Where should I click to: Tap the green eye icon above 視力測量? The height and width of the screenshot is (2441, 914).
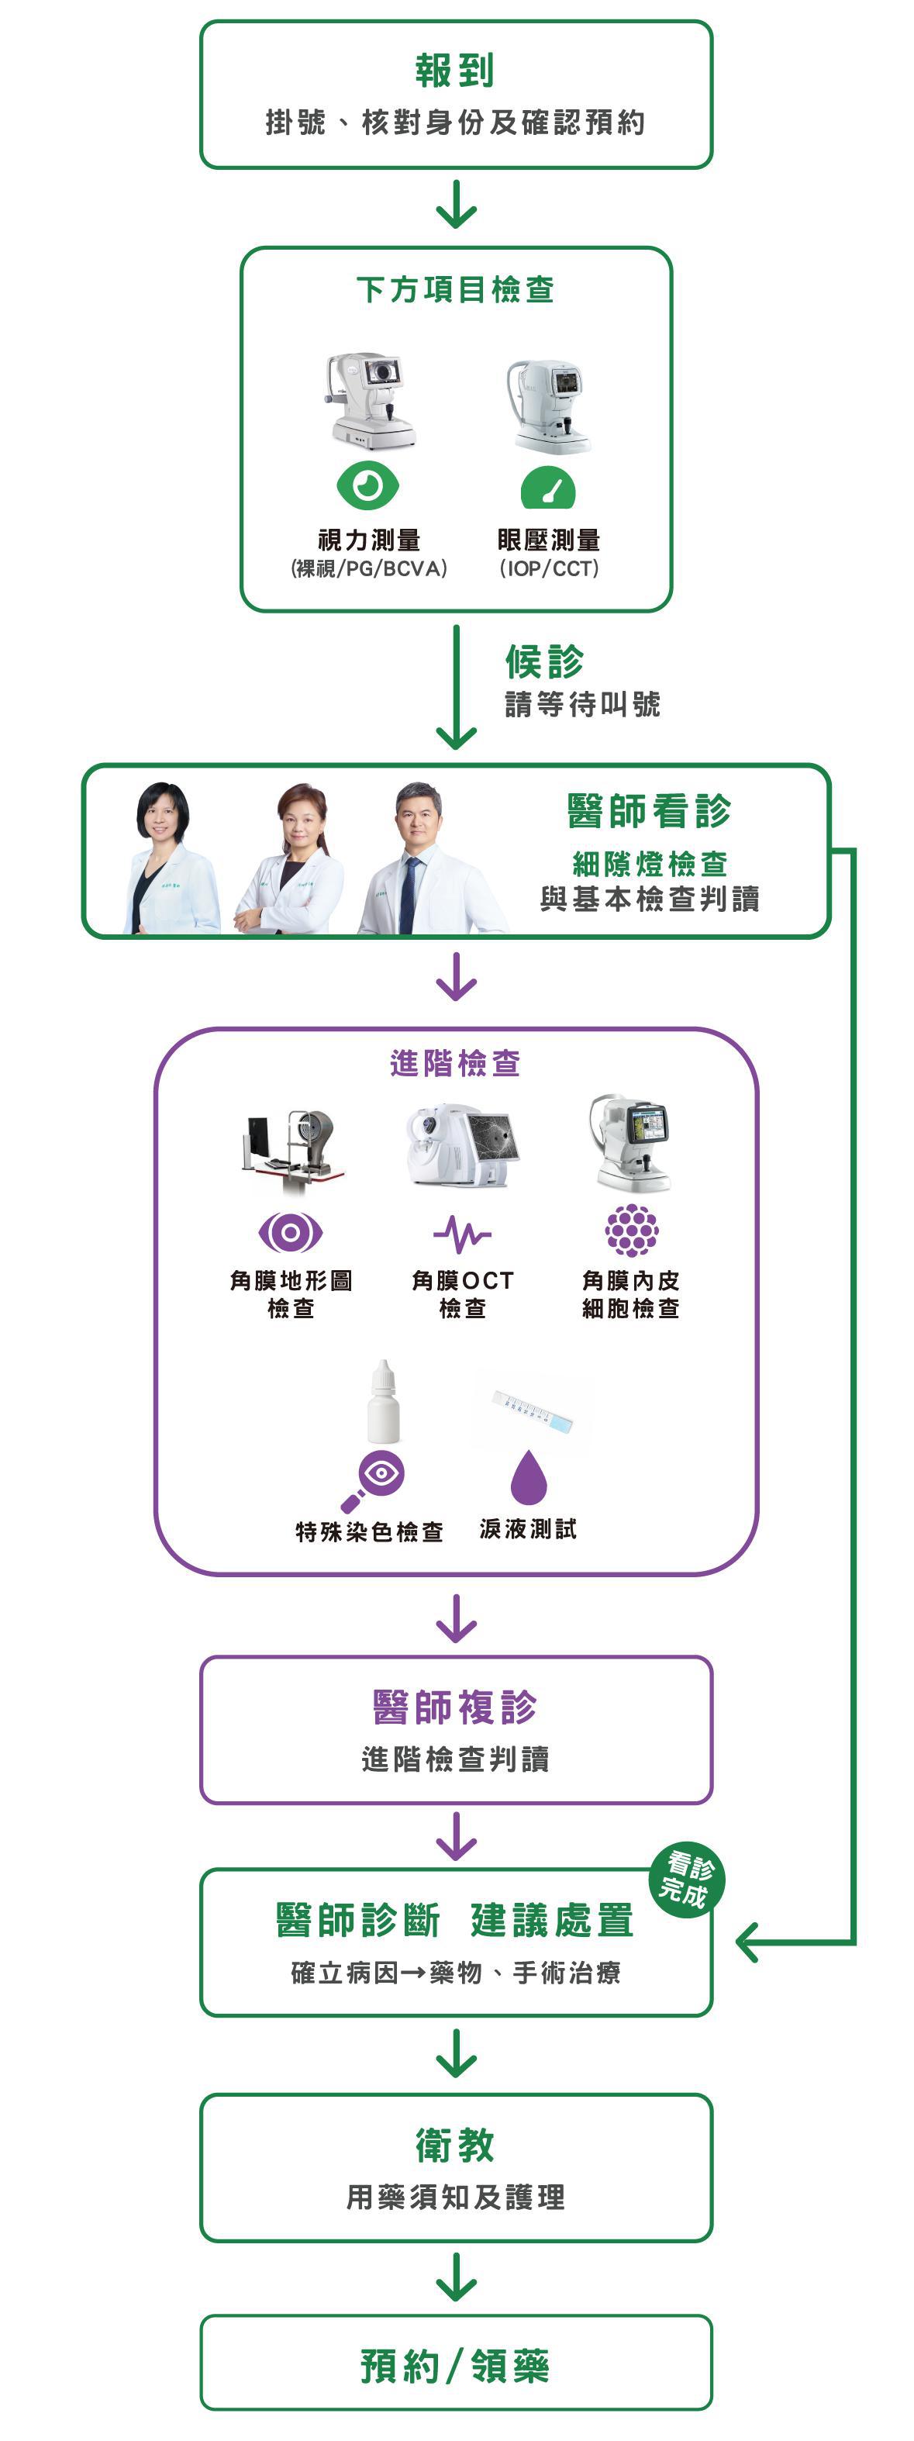point(367,486)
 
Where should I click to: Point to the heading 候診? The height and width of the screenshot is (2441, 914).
point(545,661)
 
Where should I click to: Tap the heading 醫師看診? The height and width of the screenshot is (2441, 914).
point(649,811)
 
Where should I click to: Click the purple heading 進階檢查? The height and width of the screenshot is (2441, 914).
point(456,1063)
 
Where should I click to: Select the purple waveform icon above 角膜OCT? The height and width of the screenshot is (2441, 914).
point(462,1234)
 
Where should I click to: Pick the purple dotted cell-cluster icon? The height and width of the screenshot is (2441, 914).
point(632,1230)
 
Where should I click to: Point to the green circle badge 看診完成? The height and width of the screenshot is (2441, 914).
point(687,1880)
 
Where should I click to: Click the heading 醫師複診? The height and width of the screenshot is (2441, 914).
point(456,1707)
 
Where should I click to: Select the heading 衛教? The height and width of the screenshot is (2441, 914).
point(456,2146)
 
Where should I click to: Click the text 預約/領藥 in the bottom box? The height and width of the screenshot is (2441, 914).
point(456,2365)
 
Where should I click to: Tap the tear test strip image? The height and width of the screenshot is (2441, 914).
point(533,1409)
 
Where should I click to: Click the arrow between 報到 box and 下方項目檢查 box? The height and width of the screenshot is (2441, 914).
point(456,205)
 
